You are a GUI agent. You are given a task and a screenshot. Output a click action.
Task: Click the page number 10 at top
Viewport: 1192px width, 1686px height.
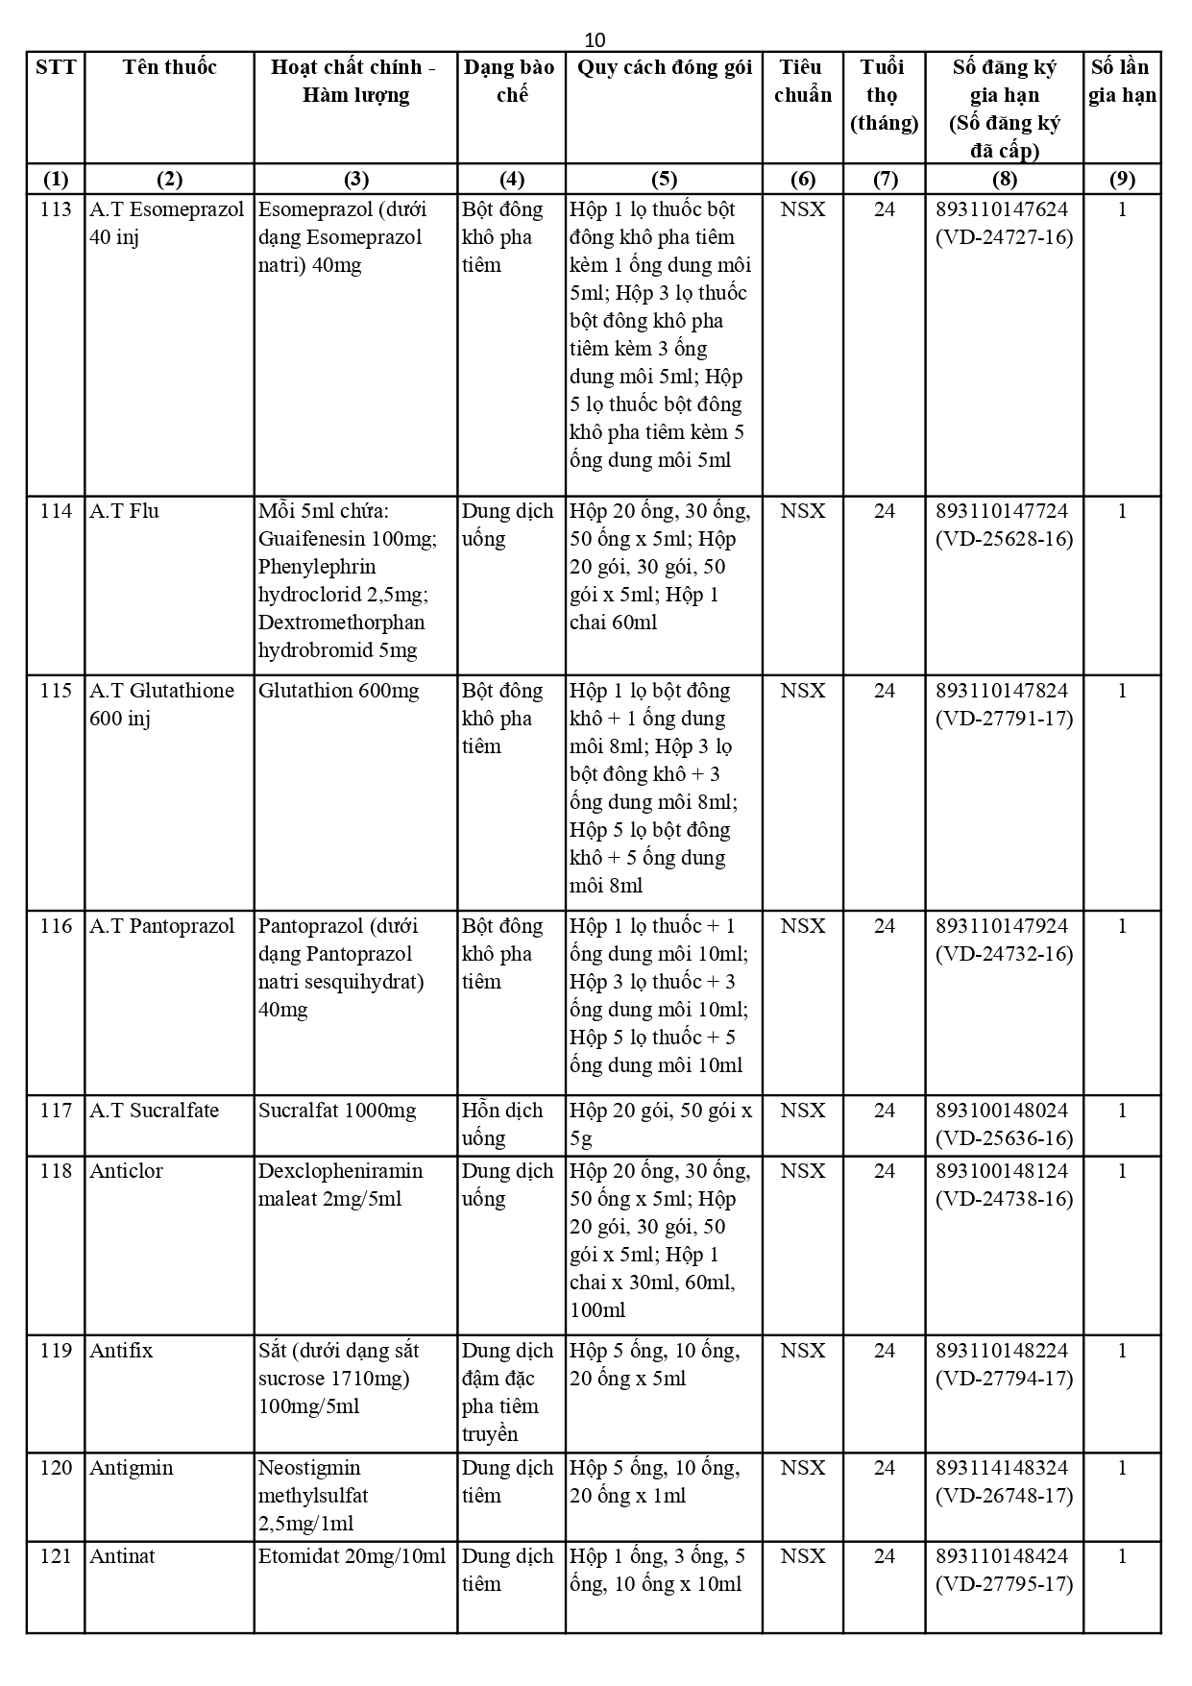[x=596, y=39]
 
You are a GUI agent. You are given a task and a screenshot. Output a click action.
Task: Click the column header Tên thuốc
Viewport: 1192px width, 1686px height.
[x=169, y=67]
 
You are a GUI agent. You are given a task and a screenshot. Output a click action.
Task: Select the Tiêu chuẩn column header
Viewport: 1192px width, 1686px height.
[x=802, y=81]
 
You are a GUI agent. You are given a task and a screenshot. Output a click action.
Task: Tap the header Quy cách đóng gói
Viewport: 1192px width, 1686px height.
[x=664, y=67]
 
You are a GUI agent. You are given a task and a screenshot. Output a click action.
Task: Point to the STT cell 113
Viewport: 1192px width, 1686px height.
[x=56, y=209]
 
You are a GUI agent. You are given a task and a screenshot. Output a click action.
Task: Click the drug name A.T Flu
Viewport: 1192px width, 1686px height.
[x=124, y=511]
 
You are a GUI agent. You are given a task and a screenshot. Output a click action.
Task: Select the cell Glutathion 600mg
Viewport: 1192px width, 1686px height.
[x=338, y=691]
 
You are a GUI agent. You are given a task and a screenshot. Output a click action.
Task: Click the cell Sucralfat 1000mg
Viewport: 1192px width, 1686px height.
[x=337, y=1111]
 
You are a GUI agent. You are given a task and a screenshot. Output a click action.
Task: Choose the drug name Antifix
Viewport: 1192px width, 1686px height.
[x=121, y=1351]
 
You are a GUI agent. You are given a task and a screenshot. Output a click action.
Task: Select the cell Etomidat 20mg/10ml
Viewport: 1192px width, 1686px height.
[x=352, y=1556]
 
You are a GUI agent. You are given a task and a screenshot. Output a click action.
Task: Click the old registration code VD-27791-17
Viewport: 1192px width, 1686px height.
[x=1004, y=719]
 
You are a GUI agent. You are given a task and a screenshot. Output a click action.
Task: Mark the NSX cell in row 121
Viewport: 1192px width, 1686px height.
[x=802, y=1556]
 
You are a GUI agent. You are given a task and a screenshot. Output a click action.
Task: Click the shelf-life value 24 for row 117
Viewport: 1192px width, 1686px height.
[x=884, y=1111]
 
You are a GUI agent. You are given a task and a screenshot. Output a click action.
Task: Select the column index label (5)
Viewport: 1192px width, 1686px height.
[x=664, y=179]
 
